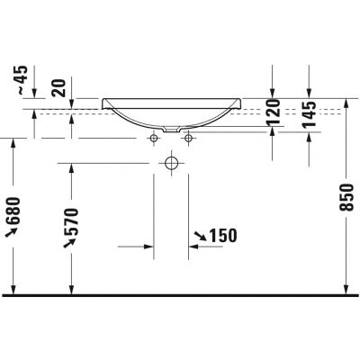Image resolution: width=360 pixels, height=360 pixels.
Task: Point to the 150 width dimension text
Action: (x=221, y=236)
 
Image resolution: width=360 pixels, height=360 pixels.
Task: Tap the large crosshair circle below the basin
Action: (x=171, y=163)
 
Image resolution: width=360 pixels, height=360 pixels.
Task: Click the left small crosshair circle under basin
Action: (x=154, y=138)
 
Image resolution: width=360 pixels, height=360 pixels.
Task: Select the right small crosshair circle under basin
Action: (x=189, y=138)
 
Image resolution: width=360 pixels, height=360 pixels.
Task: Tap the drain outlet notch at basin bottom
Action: (x=172, y=131)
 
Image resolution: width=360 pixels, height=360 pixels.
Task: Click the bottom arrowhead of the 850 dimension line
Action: (x=347, y=290)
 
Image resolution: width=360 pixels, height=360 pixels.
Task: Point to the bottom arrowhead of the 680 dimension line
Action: (x=13, y=290)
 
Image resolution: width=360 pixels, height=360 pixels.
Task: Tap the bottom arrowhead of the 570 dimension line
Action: (x=74, y=290)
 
